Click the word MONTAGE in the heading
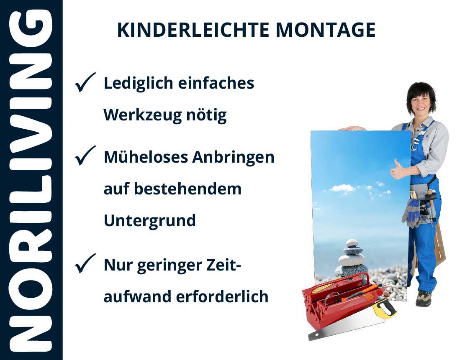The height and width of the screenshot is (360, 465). pyautogui.click(x=325, y=30)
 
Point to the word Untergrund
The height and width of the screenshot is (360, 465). pyautogui.click(x=149, y=220)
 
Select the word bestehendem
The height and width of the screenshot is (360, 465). pyautogui.click(x=188, y=189)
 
